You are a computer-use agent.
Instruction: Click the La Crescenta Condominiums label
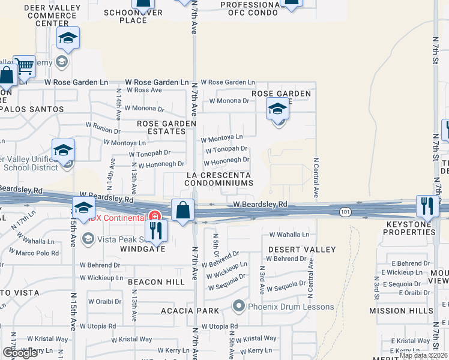(x=218, y=178)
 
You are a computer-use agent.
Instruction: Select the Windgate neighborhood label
(x=142, y=248)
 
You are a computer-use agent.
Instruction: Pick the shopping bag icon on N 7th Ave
(x=182, y=209)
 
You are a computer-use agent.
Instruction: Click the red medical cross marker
(x=154, y=216)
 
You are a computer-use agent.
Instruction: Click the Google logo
(x=19, y=353)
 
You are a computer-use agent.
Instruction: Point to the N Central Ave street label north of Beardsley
(x=316, y=178)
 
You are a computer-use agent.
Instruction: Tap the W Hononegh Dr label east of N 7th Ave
(x=226, y=161)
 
